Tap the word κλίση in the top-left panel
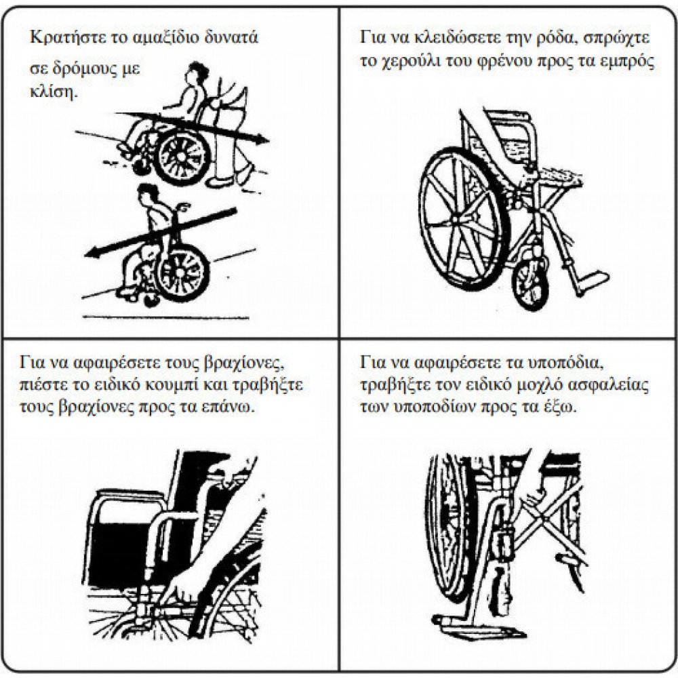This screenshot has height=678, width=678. (x=54, y=92)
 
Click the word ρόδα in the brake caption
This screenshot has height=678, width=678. (x=554, y=38)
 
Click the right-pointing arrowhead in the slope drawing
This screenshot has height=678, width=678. (x=262, y=139)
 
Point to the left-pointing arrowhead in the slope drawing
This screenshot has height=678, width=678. (x=92, y=254)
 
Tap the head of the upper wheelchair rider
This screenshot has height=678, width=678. (x=197, y=73)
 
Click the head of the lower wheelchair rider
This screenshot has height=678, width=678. (x=148, y=194)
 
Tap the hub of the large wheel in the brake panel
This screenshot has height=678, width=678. (x=458, y=219)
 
